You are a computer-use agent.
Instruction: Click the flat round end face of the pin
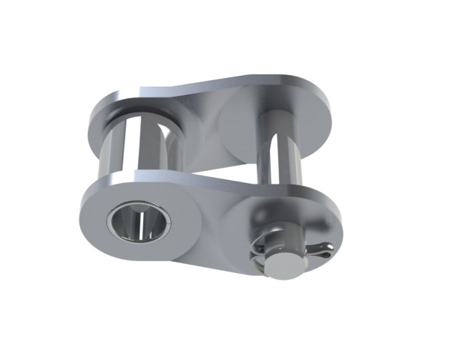[x=283, y=264]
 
